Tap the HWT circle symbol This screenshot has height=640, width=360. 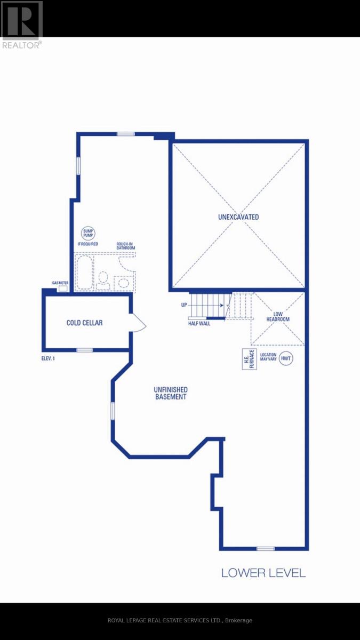click(x=286, y=358)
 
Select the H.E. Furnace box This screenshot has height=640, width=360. click(x=249, y=359)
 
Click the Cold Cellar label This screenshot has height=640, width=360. click(x=84, y=323)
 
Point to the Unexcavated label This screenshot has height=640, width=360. click(x=238, y=217)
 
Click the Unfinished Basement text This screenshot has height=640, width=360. click(x=171, y=393)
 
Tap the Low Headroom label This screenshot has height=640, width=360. click(x=278, y=317)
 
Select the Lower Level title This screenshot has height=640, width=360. click(x=263, y=573)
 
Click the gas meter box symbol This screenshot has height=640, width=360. click(x=63, y=289)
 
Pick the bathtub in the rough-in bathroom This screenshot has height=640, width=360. click(x=84, y=272)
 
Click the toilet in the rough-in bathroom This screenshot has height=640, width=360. click(x=103, y=281)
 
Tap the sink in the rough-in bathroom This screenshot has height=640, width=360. click(x=123, y=283)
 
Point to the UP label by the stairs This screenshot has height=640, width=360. click(x=184, y=305)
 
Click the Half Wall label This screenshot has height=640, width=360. click(x=199, y=323)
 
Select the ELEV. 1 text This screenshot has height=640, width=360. click(x=48, y=358)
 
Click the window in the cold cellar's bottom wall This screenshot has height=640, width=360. click(x=85, y=350)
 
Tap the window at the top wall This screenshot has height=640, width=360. click(x=126, y=134)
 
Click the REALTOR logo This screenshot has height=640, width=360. click(x=22, y=25)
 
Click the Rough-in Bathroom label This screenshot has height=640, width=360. click(x=125, y=246)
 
